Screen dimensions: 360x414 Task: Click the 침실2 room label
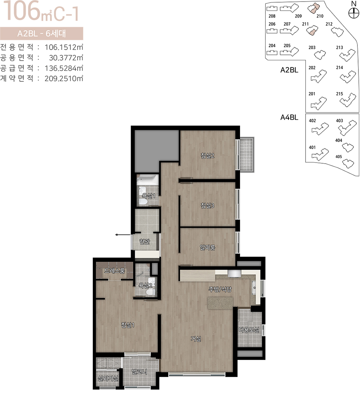point(207,156)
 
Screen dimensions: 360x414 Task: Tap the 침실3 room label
point(207,205)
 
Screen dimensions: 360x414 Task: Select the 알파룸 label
point(207,247)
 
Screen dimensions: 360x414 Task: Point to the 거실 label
point(196,339)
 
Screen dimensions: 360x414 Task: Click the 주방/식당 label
point(220,289)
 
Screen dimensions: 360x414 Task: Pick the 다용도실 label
point(249,330)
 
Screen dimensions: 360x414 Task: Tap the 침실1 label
point(128,325)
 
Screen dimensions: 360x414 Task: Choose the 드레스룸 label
point(114,270)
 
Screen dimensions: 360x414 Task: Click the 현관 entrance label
point(145,241)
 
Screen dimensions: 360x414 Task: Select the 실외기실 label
point(108,378)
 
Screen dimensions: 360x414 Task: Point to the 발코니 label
point(139,372)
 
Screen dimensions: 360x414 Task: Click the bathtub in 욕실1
point(148,180)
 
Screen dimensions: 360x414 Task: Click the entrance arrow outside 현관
point(123,235)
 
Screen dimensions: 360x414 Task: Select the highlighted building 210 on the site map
point(313,8)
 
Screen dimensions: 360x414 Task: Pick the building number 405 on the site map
point(339,156)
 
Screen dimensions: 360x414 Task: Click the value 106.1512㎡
point(64,47)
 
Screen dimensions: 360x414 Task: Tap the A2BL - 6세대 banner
point(41,34)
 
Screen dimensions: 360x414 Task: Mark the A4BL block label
point(289,117)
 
